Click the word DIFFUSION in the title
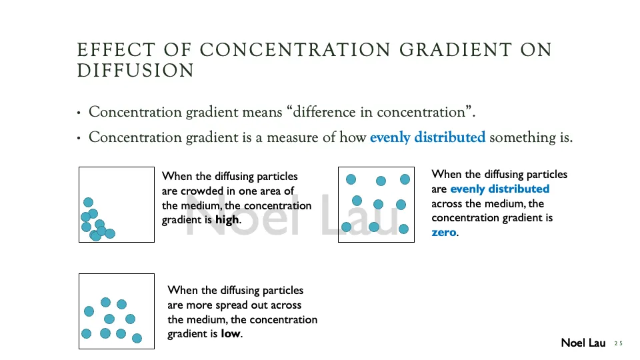tap(135, 71)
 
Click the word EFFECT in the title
tap(105, 50)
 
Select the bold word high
tap(227, 220)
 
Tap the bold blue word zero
tap(444, 233)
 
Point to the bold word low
tap(231, 333)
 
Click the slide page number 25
tap(618, 343)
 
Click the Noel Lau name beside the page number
tap(583, 343)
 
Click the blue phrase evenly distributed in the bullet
tap(427, 138)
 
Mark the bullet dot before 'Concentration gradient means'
tap(79, 113)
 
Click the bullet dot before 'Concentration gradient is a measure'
tap(79, 139)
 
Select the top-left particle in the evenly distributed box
tap(351, 179)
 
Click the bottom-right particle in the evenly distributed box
tap(403, 229)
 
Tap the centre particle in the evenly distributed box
tap(378, 204)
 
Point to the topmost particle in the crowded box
tap(88, 202)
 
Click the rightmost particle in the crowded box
tap(110, 233)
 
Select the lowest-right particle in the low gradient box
tap(137, 338)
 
